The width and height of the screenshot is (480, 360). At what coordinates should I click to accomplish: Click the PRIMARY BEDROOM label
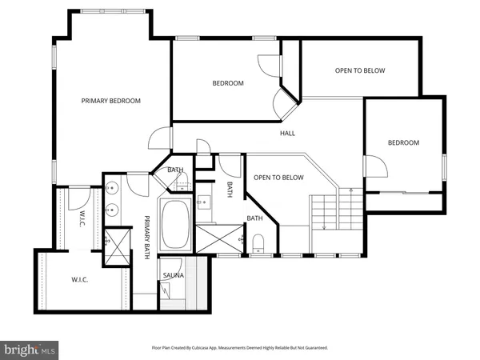pyautogui.click(x=111, y=101)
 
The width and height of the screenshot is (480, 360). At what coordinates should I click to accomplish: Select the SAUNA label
pyautogui.click(x=174, y=275)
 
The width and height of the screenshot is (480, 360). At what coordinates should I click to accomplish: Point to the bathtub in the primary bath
pyautogui.click(x=174, y=226)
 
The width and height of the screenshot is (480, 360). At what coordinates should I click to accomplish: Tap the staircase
pyautogui.click(x=325, y=212)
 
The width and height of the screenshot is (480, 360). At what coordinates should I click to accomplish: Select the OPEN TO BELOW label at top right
pyautogui.click(x=359, y=70)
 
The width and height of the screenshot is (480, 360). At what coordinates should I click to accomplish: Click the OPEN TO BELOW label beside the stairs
pyautogui.click(x=278, y=178)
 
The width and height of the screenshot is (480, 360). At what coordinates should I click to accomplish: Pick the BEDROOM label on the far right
pyautogui.click(x=403, y=142)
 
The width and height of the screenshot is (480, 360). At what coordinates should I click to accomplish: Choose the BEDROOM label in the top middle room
pyautogui.click(x=227, y=83)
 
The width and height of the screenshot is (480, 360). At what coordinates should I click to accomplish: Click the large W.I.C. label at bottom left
pyautogui.click(x=79, y=280)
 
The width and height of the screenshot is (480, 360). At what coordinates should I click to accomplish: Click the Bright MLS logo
pyautogui.click(x=30, y=349)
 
